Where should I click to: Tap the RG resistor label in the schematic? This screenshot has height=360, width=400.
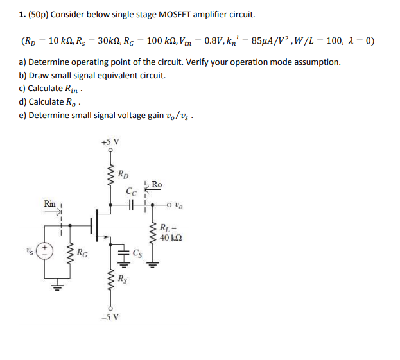(x=82, y=252)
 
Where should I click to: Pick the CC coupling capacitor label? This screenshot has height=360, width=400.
(x=131, y=191)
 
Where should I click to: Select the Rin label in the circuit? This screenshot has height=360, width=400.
(x=49, y=203)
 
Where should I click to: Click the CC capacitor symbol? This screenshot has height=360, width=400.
(x=130, y=205)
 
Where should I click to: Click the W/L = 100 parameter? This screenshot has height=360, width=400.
(x=317, y=41)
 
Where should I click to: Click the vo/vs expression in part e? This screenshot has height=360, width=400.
(x=178, y=116)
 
